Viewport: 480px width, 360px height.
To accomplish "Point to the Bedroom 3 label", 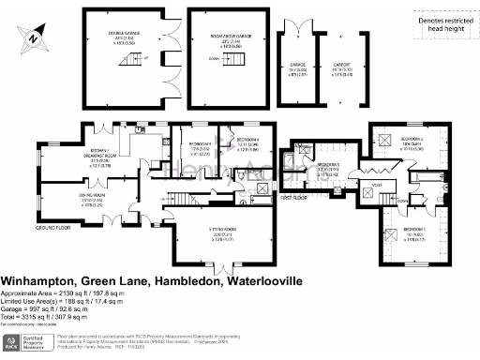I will pos(327,163).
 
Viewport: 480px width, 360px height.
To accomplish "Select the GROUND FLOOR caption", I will pos(55,227).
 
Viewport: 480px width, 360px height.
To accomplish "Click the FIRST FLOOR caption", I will pos(296,199).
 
